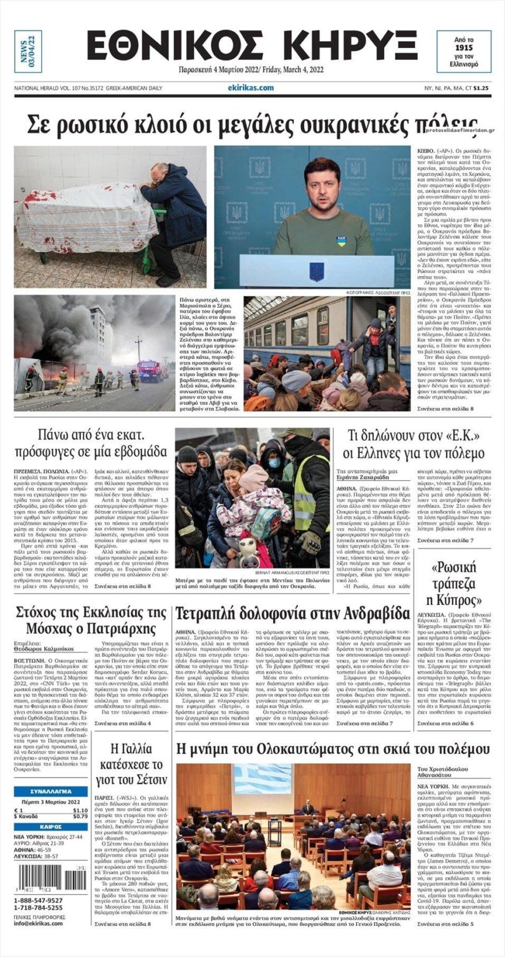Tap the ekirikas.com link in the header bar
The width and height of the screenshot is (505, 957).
click(x=251, y=88)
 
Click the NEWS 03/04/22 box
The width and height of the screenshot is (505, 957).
click(x=28, y=51)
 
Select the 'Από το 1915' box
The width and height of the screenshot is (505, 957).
click(x=463, y=51)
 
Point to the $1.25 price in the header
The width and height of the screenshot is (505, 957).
click(x=480, y=88)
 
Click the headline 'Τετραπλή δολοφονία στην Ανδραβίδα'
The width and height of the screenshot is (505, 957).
click(x=292, y=614)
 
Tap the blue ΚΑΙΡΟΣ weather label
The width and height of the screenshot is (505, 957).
click(x=50, y=827)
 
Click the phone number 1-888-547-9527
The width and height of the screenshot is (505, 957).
click(x=38, y=900)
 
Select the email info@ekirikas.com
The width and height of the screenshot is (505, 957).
click(x=38, y=923)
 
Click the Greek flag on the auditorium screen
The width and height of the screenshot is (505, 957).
click(x=262, y=779)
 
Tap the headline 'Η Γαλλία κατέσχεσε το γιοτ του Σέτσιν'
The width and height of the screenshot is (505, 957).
click(x=131, y=763)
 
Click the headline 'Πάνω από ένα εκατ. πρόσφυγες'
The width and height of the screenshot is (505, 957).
click(x=90, y=442)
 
